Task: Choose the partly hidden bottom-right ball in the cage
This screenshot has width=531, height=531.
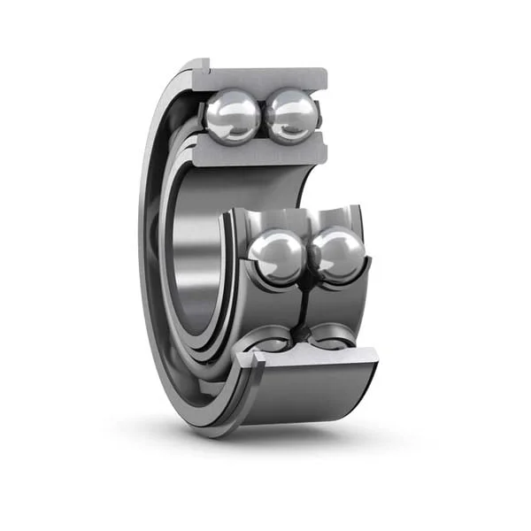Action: [x=329, y=335]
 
